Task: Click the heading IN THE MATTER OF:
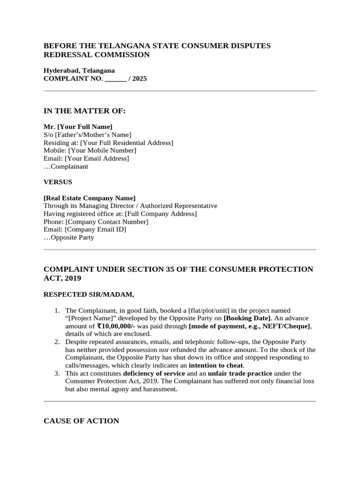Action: click(84, 111)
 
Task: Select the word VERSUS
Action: click(58, 182)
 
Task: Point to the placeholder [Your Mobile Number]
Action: click(102, 150)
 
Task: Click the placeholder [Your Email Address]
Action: click(97, 158)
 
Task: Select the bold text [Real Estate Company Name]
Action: click(90, 198)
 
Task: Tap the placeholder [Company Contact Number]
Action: click(107, 222)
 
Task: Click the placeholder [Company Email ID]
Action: click(95, 230)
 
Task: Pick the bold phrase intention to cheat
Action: click(216, 365)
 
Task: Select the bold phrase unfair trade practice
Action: click(240, 373)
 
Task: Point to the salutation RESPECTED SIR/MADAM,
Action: click(89, 295)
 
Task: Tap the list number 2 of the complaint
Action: click(57, 342)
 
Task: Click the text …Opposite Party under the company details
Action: click(68, 238)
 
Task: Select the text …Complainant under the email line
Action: click(66, 166)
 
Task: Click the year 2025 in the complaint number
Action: click(139, 79)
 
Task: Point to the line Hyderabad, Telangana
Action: click(79, 70)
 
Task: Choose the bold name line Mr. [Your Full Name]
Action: click(78, 127)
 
